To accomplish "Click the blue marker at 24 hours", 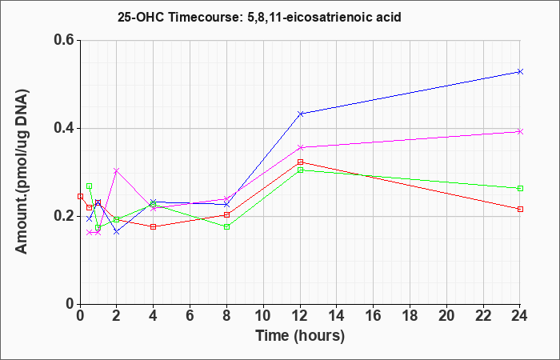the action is pos(520,72).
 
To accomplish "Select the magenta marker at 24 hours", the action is pos(520,131).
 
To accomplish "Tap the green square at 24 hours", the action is pos(520,188).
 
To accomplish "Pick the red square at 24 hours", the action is pos(520,209).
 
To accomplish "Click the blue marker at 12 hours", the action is pos(300,114).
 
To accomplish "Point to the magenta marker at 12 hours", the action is pos(300,147).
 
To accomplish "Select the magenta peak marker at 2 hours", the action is pos(117,170).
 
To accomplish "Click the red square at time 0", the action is pos(80,196).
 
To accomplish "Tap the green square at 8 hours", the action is pos(226,226).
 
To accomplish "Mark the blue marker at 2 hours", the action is pos(117,232).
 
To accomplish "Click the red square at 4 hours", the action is pos(154,226).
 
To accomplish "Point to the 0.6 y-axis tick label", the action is pos(64,40).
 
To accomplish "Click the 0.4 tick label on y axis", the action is pos(64,128).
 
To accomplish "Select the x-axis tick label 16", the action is pos(374,316).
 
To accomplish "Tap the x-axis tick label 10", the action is pos(263,316).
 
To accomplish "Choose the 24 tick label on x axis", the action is pos(520,316).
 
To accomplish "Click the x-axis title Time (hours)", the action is pos(300,336).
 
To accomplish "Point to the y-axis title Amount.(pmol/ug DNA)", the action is pos(22,171).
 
